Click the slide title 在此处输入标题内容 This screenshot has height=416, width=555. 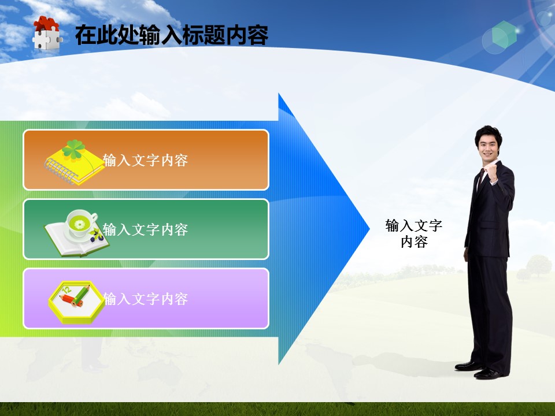point(172,35)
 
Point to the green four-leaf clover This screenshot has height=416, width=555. point(73,148)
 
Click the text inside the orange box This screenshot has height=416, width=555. point(145,160)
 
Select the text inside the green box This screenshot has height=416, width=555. point(145,229)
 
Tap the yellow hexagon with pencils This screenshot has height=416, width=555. point(76,302)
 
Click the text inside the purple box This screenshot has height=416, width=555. point(145,299)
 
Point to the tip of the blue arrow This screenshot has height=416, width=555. point(369,229)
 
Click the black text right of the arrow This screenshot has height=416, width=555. point(414,233)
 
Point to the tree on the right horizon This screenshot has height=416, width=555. point(538,265)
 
